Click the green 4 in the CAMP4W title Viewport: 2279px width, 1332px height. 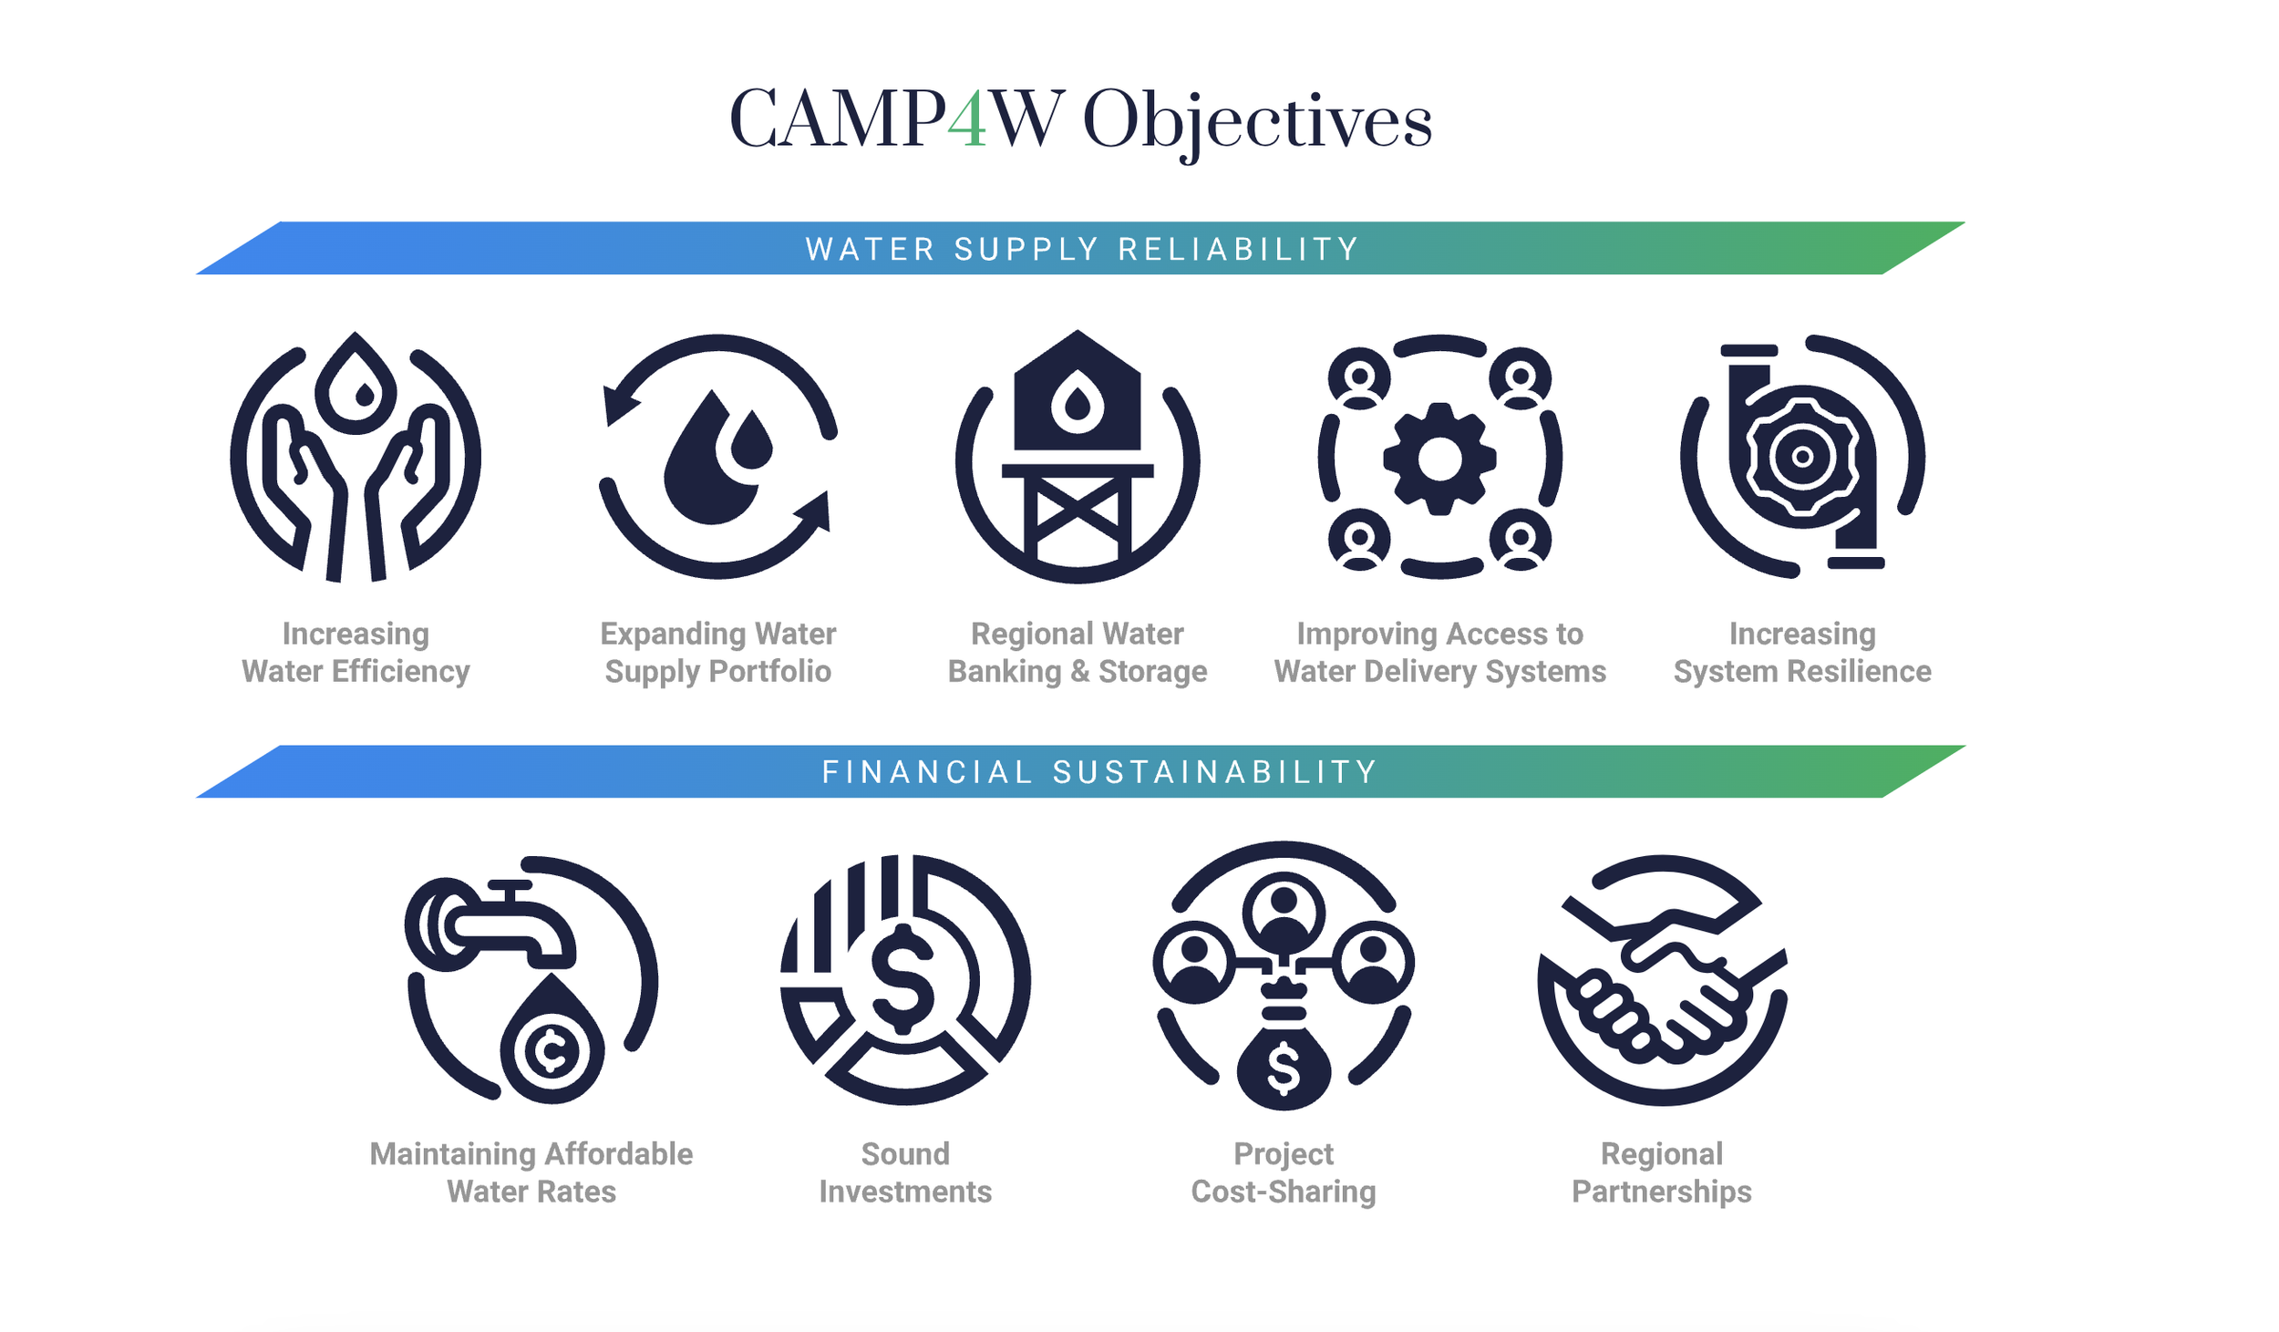966,119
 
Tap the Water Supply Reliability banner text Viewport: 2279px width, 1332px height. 1082,249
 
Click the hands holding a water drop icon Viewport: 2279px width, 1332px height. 356,457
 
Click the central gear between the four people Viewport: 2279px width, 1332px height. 1439,458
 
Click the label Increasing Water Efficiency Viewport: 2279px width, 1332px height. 356,653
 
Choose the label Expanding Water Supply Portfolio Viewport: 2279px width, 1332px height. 717,653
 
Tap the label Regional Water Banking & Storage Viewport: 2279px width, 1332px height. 1078,653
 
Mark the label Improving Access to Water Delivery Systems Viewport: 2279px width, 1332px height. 1439,653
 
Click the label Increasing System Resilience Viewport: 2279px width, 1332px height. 1801,653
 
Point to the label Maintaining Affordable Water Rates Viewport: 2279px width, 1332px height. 531,1172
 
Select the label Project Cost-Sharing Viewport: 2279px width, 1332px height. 1284,1172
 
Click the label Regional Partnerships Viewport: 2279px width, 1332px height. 1661,1172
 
